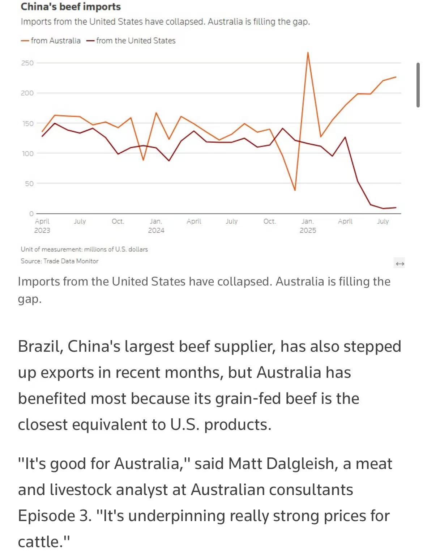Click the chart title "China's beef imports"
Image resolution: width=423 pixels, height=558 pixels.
click(70, 7)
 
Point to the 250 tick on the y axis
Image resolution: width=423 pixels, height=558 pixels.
click(27, 63)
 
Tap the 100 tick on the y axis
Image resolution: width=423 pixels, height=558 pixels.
click(27, 153)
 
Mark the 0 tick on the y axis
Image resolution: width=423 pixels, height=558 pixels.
click(31, 214)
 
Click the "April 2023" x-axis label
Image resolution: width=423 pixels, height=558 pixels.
click(42, 225)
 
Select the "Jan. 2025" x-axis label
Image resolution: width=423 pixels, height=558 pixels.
click(308, 225)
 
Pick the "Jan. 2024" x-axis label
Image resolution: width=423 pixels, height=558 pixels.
click(156, 225)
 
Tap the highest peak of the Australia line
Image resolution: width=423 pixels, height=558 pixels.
click(308, 52)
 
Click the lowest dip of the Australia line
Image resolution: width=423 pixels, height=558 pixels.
click(295, 190)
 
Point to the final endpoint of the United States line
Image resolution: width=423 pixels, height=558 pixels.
click(396, 207)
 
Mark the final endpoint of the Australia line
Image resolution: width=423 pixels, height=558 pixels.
click(396, 77)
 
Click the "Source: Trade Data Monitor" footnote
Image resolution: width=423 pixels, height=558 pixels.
click(60, 261)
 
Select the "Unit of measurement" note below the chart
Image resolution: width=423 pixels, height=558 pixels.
click(84, 249)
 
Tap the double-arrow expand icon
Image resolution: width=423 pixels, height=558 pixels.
click(399, 263)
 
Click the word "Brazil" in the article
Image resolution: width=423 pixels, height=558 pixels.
click(40, 346)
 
